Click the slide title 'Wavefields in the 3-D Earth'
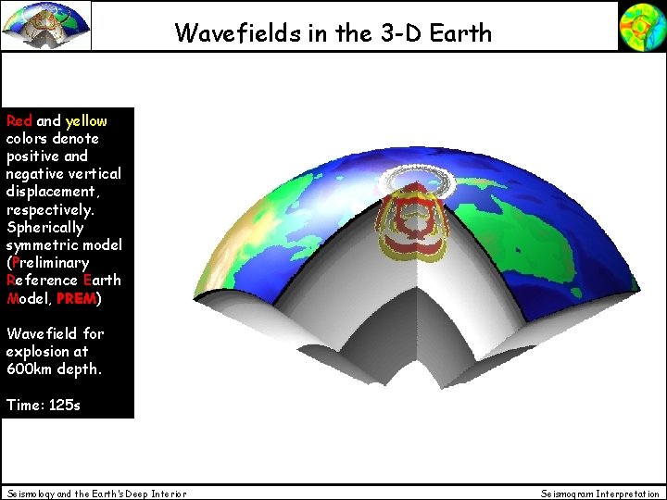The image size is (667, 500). pos(333,33)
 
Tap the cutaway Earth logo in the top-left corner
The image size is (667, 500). pos(46,25)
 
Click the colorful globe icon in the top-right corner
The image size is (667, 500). pos(642,25)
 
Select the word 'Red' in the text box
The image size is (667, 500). pos(19,120)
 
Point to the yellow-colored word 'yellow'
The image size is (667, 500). pos(86,120)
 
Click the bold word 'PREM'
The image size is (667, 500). pos(76,298)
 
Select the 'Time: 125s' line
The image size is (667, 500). pos(43,405)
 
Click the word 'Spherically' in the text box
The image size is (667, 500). pos(44,227)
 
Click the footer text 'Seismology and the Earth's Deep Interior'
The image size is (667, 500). pos(96,494)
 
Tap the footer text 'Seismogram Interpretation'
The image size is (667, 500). pos(600,494)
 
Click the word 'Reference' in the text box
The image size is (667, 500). pos(41,280)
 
